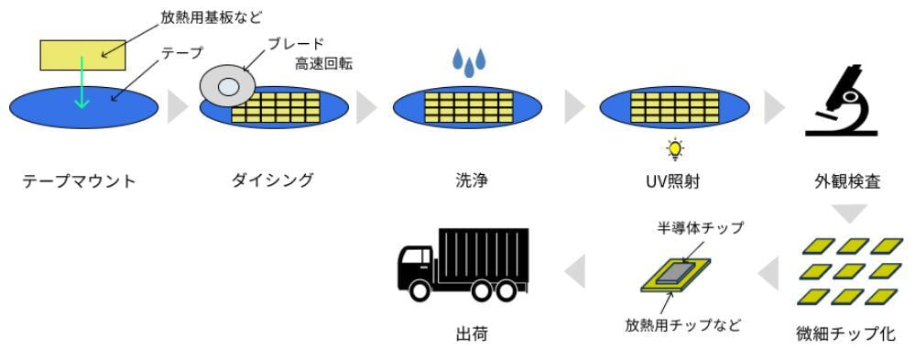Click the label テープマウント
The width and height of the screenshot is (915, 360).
pos(79,180)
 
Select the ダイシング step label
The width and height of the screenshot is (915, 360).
pos(272,180)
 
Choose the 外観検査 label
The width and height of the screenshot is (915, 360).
pos(852,180)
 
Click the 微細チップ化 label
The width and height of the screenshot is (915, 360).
pos(845,333)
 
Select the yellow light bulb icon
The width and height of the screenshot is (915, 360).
pos(675,147)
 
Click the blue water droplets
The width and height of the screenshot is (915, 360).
pos(469,63)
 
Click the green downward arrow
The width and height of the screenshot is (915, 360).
pos(82,82)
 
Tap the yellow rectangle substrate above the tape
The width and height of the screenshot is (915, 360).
pos(82,55)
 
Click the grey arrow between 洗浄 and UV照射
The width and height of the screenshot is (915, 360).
pos(575,106)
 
